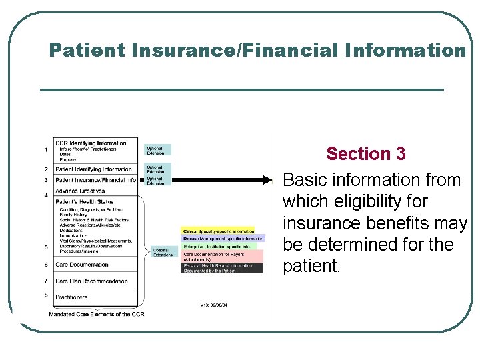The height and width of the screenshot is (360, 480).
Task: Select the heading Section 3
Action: tap(365, 154)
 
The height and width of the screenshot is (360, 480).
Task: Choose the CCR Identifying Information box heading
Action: tap(91, 143)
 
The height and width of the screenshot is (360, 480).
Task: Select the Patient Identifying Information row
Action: tap(93, 169)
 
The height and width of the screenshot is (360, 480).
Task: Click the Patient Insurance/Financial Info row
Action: tap(95, 180)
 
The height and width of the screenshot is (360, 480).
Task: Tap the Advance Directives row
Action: tap(80, 191)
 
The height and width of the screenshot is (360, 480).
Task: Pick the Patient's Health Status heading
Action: tap(84, 201)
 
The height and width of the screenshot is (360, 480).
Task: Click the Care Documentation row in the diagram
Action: tap(81, 265)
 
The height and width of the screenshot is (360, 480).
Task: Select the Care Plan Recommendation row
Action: tap(91, 281)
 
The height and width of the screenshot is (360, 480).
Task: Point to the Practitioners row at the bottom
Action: tap(71, 297)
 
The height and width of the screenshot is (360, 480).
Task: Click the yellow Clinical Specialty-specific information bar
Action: tap(219, 231)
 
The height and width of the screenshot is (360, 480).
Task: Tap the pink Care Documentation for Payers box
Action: tap(223, 257)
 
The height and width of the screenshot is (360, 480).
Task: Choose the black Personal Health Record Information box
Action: tap(223, 268)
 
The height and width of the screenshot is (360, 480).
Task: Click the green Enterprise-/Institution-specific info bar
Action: tap(219, 247)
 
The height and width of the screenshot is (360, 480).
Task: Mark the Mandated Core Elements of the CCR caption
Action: tap(96, 314)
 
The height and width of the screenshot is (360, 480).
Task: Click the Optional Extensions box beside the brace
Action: tap(163, 253)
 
